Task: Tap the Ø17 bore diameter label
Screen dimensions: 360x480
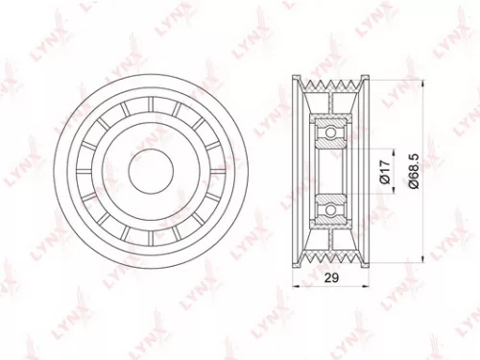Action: tap(385, 171)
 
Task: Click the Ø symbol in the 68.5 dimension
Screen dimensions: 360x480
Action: tap(414, 191)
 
